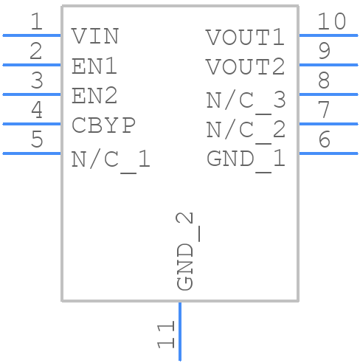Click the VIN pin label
(95, 36)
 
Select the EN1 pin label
(95, 66)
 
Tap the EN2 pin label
(95, 96)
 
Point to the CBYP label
(104, 125)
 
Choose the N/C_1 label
(111, 159)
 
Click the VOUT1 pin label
(245, 37)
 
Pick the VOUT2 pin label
(245, 67)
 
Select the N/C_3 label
(245, 100)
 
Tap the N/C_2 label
(245, 130)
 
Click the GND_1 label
(245, 159)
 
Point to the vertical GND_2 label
(186, 252)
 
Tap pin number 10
(331, 21)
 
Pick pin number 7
(323, 110)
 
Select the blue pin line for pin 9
(328, 65)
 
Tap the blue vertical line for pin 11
(179, 332)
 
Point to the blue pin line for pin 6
(328, 153)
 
